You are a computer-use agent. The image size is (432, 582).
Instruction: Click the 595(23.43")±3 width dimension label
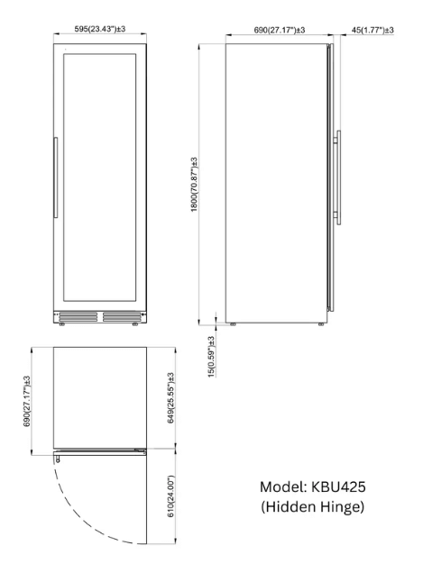click(99, 29)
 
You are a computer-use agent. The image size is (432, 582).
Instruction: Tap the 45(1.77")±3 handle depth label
click(372, 30)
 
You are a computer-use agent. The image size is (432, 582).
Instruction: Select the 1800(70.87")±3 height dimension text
click(194, 185)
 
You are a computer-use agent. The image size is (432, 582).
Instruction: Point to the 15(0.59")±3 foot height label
click(211, 357)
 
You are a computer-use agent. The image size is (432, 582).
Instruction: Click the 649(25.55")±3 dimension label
click(170, 398)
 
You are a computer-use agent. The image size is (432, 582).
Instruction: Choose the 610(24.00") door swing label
click(170, 496)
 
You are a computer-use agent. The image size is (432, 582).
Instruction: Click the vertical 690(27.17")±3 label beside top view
click(27, 401)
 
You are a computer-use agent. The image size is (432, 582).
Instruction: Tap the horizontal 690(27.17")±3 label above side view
click(280, 30)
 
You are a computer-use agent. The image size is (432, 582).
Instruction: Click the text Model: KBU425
click(313, 487)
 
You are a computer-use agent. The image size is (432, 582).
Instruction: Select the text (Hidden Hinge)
click(313, 506)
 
